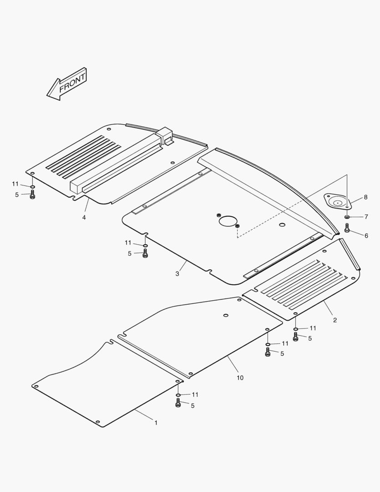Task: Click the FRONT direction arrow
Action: (x=67, y=84)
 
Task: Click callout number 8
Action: (x=365, y=197)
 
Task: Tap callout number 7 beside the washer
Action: (x=366, y=216)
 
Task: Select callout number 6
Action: (x=366, y=236)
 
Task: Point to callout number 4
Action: (x=84, y=217)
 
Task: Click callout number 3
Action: (x=177, y=274)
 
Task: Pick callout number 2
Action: (x=335, y=320)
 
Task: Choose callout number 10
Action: (x=240, y=378)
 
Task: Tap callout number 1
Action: (x=156, y=423)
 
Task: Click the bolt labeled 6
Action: (x=347, y=228)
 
